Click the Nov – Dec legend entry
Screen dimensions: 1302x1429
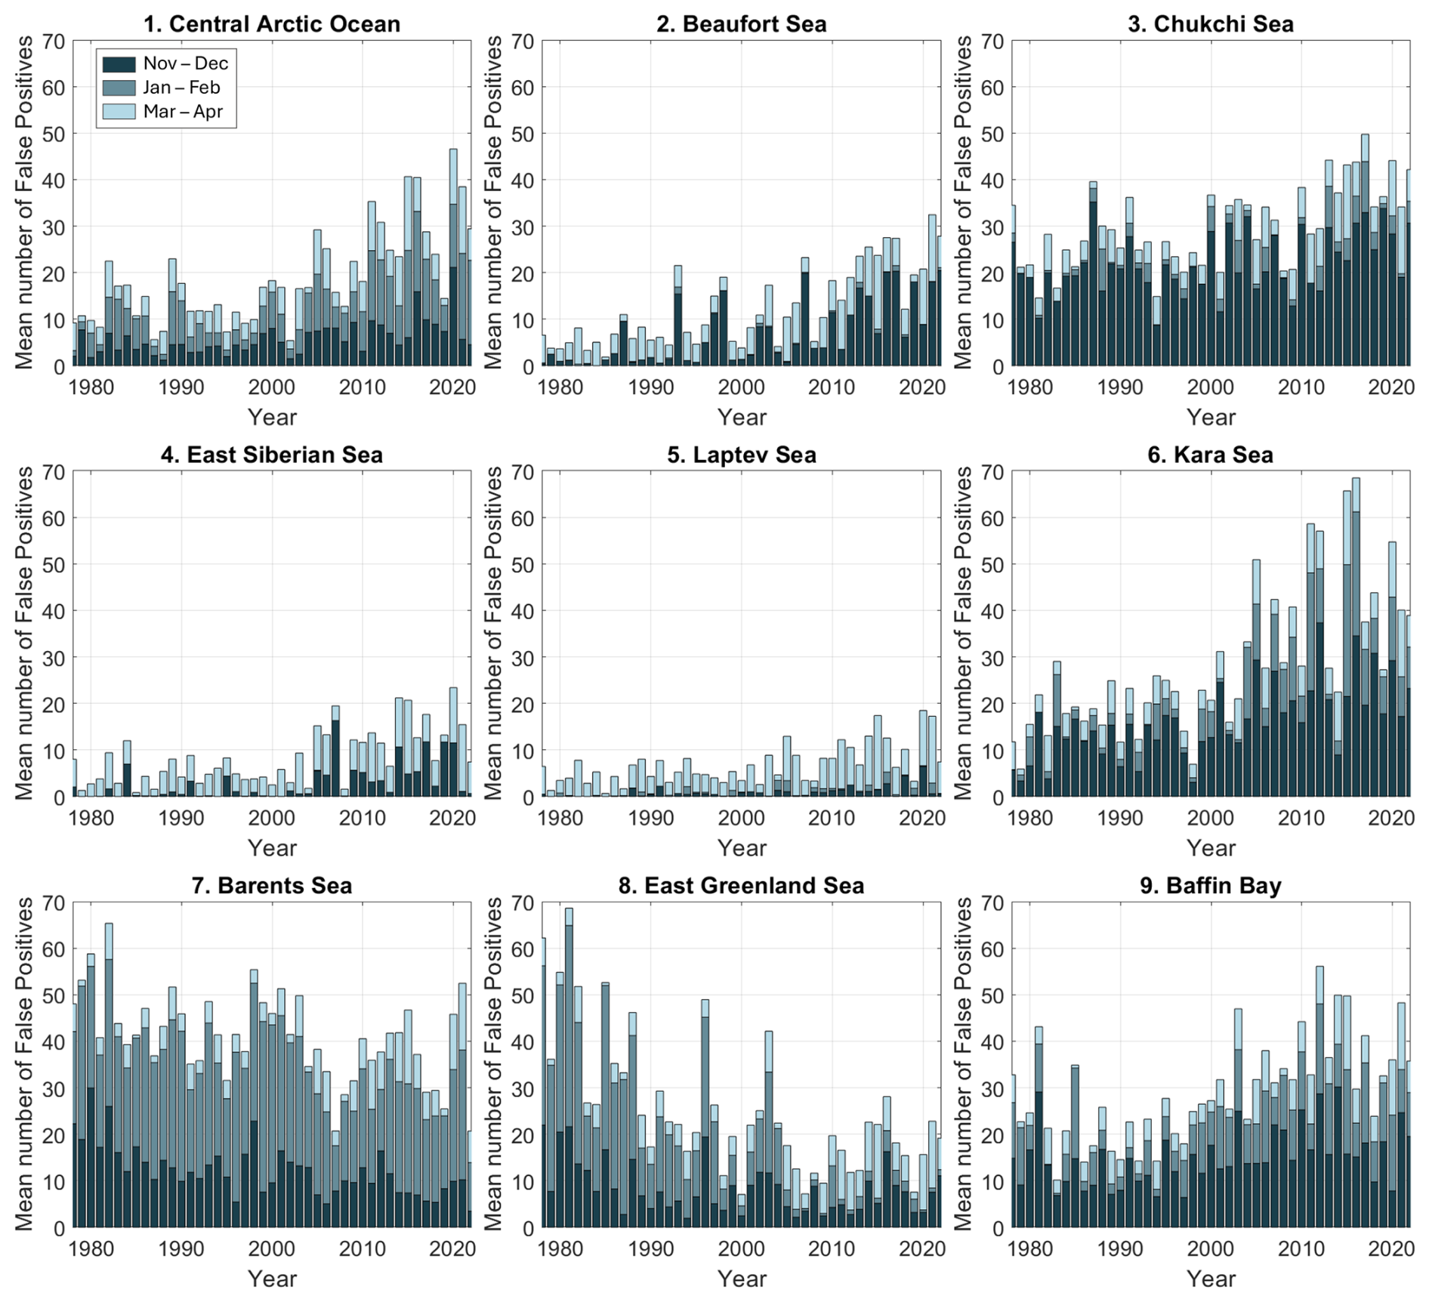coord(185,63)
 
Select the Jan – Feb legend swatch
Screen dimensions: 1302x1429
coord(119,88)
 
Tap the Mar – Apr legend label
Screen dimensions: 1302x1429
coord(184,112)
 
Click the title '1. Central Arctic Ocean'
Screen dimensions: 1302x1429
coord(272,23)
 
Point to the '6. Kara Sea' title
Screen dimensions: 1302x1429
coord(1210,455)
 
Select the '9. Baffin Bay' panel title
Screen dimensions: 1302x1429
coord(1210,885)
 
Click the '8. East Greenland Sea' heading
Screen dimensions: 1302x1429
coord(741,885)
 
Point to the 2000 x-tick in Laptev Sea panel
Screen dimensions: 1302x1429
coord(741,819)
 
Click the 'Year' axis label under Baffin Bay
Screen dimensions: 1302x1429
coord(1211,1279)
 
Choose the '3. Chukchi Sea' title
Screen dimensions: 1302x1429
coord(1210,23)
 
